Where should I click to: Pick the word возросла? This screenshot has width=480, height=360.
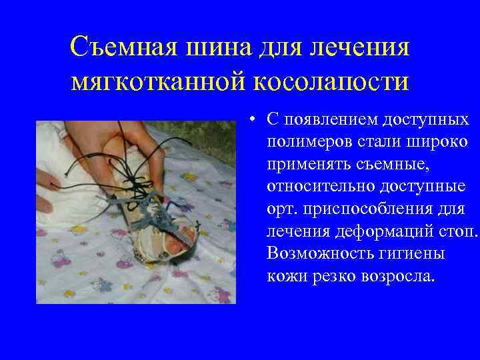[403, 275]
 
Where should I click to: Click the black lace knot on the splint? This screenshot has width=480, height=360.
[139, 180]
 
